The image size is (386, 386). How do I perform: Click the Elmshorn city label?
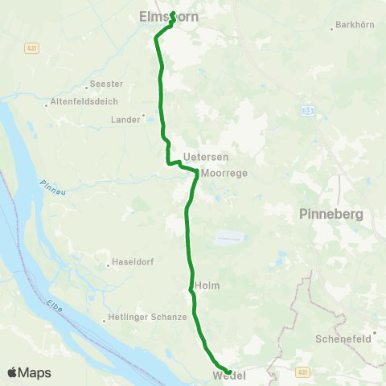click(x=168, y=15)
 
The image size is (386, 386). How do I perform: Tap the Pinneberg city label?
click(x=331, y=215)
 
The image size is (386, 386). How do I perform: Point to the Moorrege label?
click(x=224, y=173)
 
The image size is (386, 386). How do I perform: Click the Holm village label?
click(x=207, y=285)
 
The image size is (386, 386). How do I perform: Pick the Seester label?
click(x=107, y=84)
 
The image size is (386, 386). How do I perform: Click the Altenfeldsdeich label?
click(x=84, y=101)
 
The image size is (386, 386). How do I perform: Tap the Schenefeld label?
click(x=343, y=339)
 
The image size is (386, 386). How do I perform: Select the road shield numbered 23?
click(x=308, y=110)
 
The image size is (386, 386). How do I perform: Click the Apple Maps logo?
click(x=29, y=372)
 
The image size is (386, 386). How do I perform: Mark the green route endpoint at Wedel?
click(x=230, y=372)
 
